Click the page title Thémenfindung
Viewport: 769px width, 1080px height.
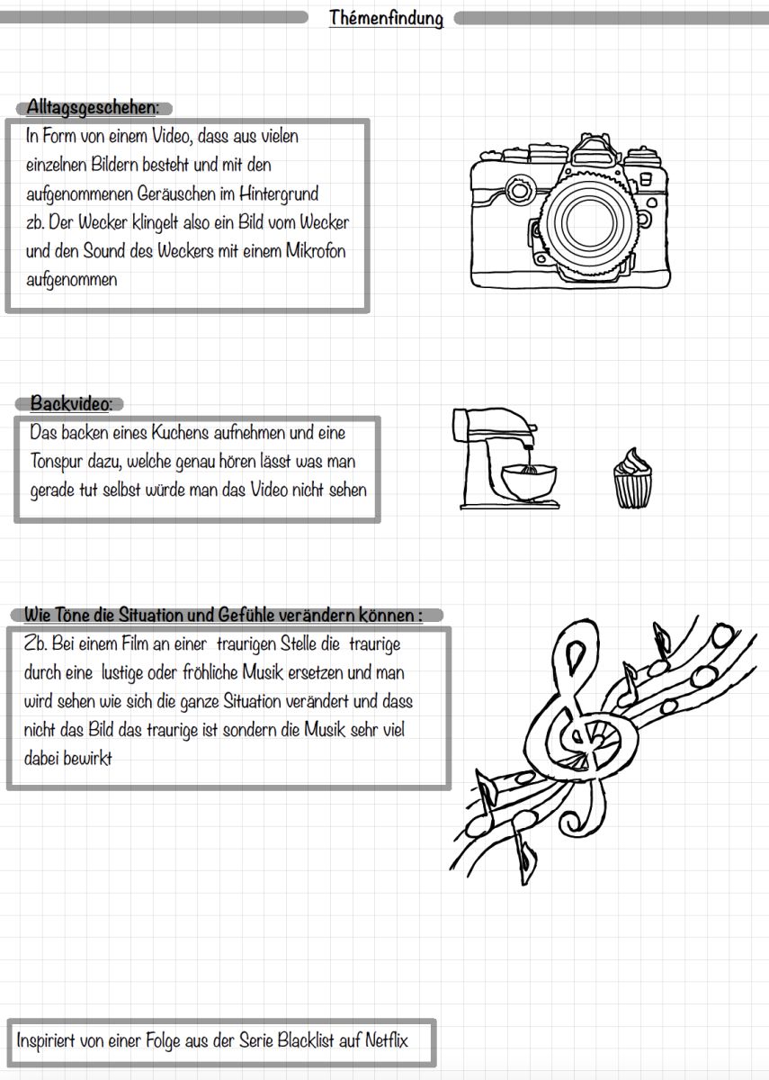[386, 18]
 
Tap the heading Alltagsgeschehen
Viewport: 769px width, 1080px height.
[92, 107]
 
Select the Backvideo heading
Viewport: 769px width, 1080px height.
[71, 402]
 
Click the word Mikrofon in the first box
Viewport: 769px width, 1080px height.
[316, 251]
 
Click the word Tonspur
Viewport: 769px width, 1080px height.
[57, 462]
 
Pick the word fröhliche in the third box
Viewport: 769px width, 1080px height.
[208, 672]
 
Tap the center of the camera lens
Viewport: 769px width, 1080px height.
[585, 221]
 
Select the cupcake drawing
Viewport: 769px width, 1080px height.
[632, 478]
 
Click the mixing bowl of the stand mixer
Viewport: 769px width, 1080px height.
[529, 481]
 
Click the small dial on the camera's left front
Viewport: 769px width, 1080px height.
[520, 190]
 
